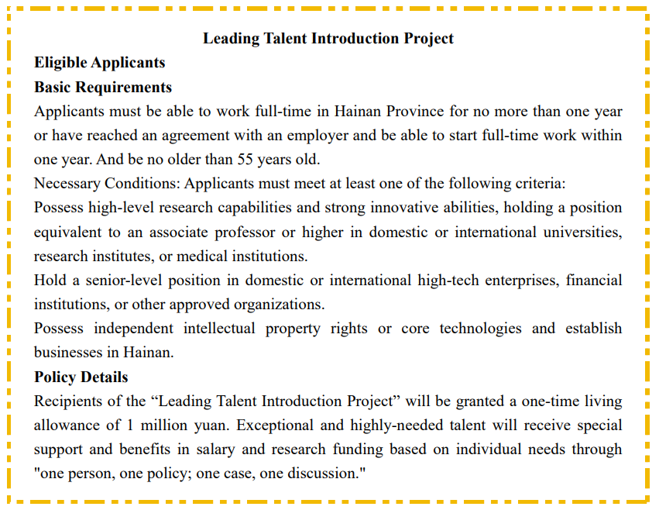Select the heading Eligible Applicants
(x=99, y=62)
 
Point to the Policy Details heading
(x=81, y=377)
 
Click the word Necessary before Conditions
(x=64, y=184)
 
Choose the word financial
(x=594, y=280)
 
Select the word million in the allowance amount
(x=158, y=426)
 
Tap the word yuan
(x=204, y=426)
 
